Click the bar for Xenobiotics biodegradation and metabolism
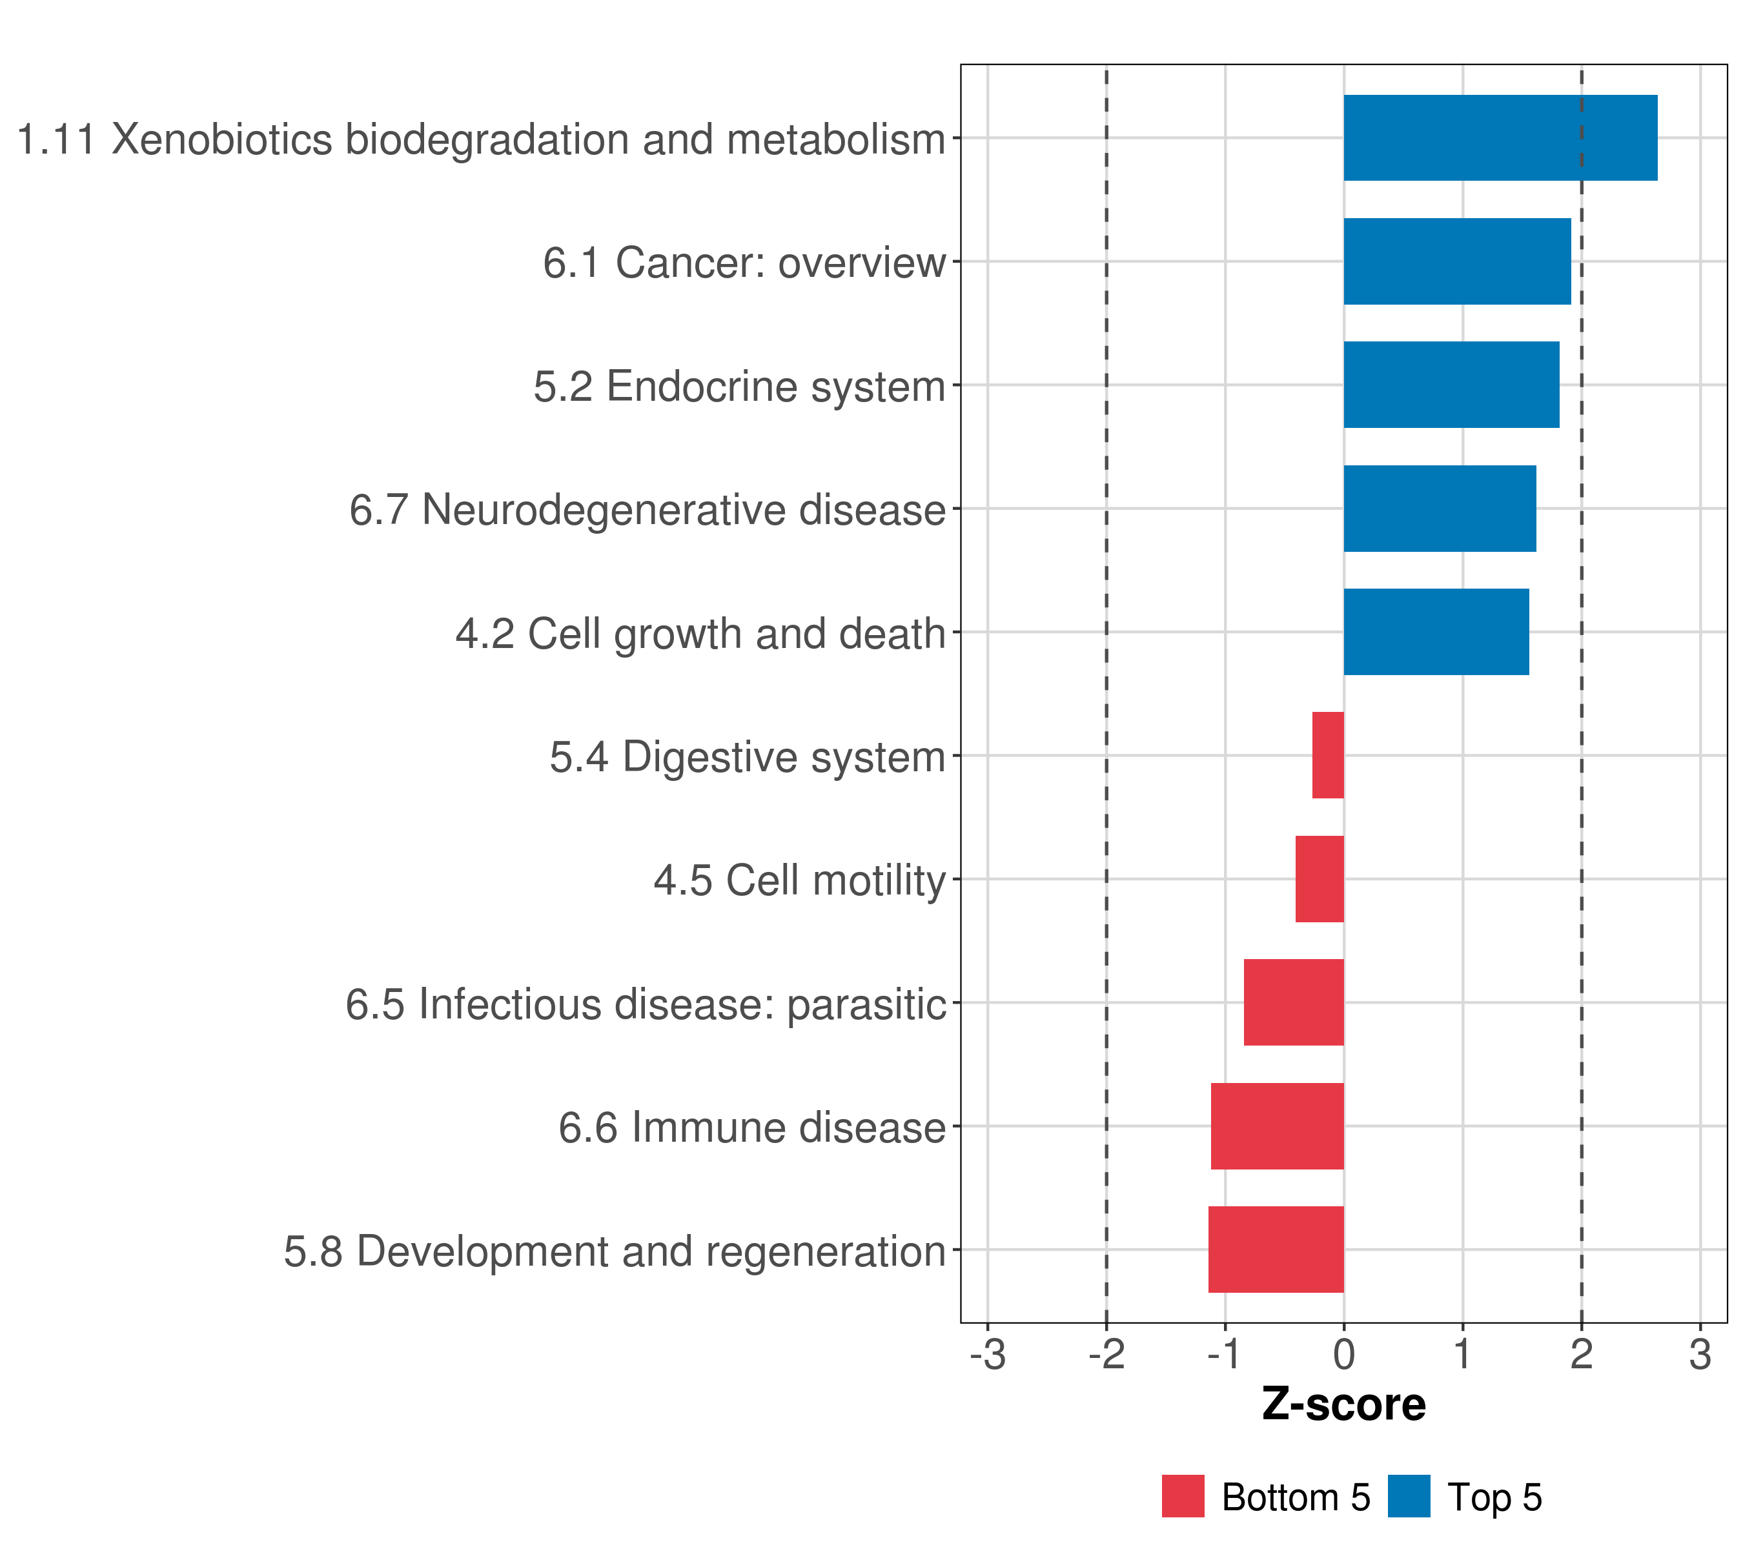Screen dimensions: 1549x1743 pos(1500,138)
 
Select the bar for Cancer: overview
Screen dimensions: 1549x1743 pos(1456,262)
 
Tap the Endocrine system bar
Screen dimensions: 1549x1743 pos(1451,385)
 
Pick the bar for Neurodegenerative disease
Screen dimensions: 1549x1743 pos(1440,509)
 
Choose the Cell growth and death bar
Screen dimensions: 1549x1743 pos(1435,632)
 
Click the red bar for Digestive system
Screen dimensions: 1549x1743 pos(1328,755)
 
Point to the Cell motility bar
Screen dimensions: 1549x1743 pos(1319,879)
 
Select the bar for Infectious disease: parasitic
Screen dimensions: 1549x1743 pos(1294,1002)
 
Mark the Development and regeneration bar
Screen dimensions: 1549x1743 pos(1276,1250)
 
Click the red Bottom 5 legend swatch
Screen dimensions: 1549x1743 pos(1183,1496)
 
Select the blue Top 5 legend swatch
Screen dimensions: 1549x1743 pos(1409,1496)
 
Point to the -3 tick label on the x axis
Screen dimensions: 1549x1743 pos(988,1355)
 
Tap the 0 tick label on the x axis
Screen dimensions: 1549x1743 pos(1344,1355)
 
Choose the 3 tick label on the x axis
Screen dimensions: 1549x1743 pos(1700,1355)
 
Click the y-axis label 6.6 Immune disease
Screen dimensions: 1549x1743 pos(752,1128)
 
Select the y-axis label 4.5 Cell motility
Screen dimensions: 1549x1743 pos(800,880)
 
